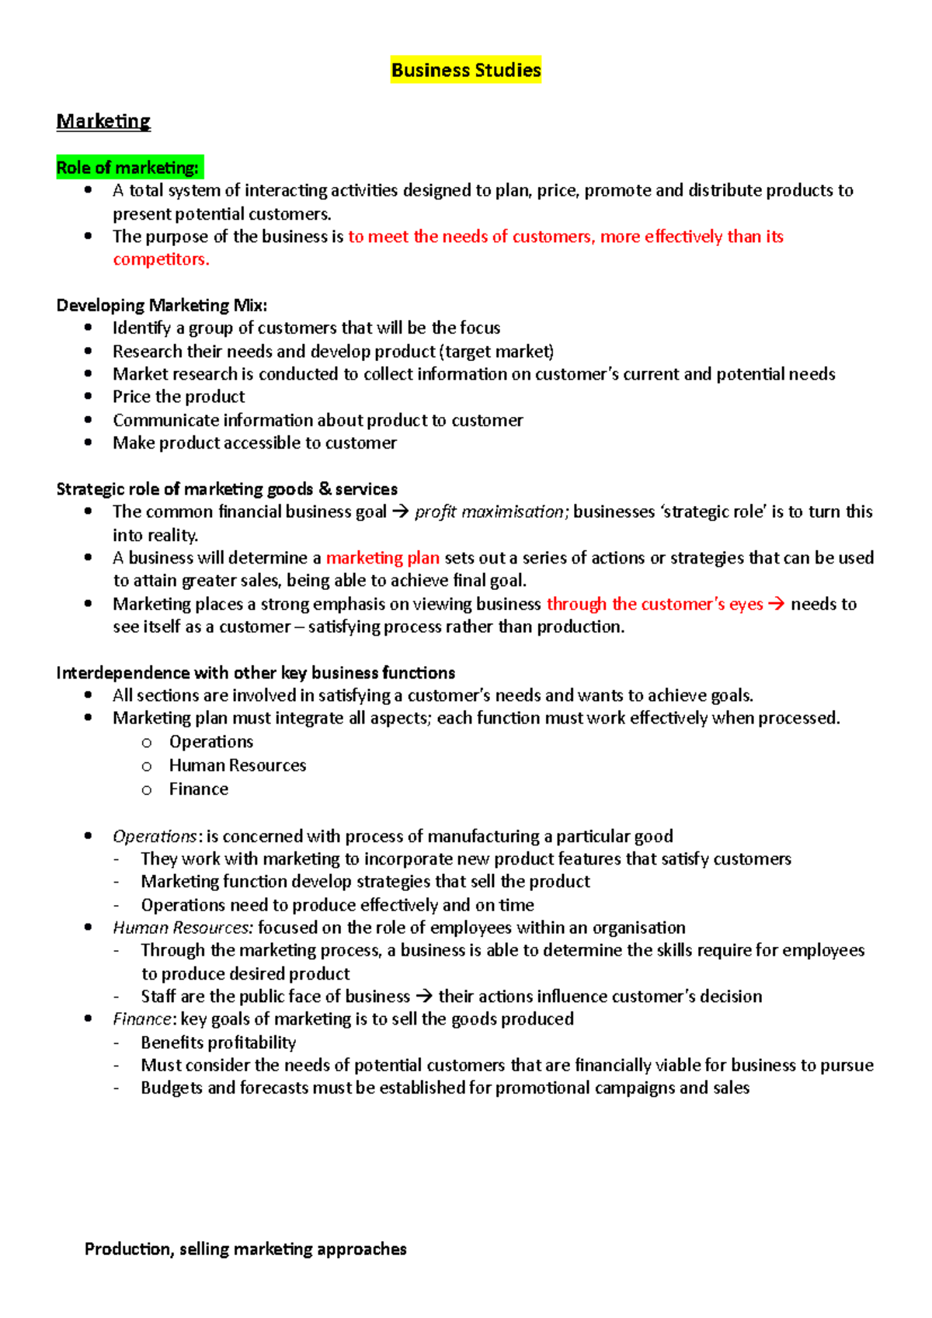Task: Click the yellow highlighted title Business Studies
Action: [466, 70]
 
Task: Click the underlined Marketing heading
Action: [103, 121]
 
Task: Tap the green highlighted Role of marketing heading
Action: [129, 168]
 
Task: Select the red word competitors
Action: [161, 259]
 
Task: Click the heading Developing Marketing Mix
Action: [162, 305]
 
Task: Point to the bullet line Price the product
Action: [179, 397]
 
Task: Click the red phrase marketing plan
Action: [382, 557]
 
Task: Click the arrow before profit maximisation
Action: [400, 512]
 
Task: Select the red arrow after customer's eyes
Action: [776, 604]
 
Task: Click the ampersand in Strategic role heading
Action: [325, 488]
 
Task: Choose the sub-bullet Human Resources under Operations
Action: [238, 765]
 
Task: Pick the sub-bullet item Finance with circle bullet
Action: [199, 789]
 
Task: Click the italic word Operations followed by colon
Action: [155, 836]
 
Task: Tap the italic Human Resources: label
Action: [183, 928]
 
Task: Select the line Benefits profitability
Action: [218, 1042]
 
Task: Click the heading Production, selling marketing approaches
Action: [245, 1249]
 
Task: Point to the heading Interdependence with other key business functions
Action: [256, 672]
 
